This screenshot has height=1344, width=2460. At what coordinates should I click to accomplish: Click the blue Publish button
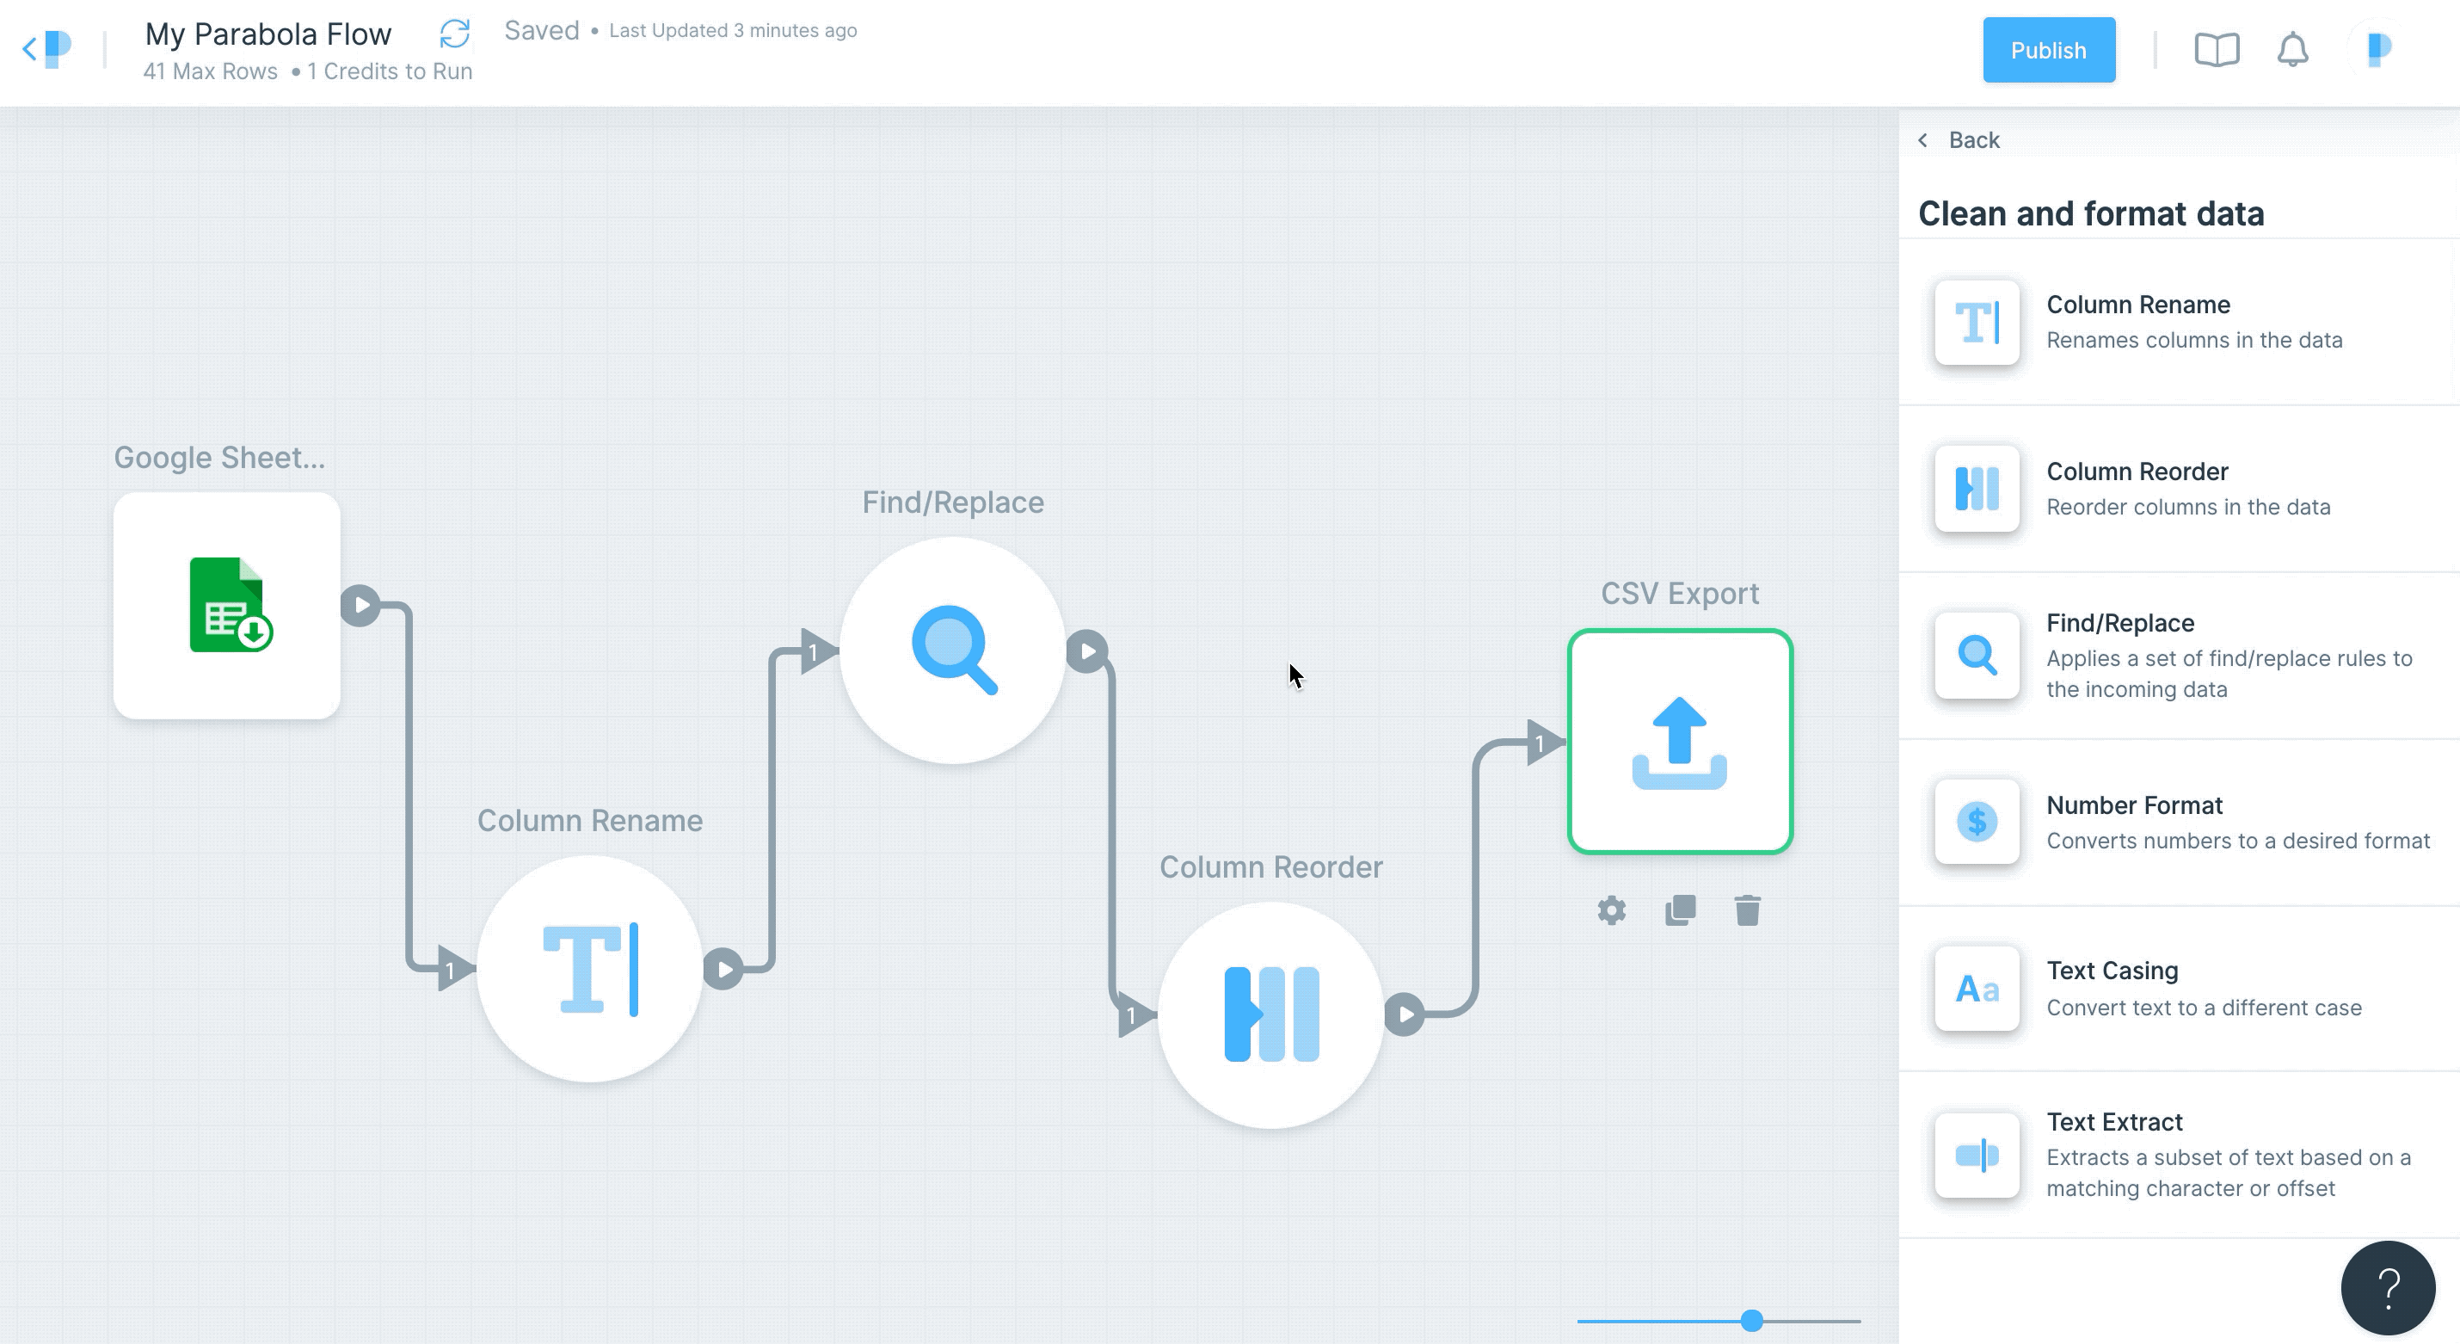2048,50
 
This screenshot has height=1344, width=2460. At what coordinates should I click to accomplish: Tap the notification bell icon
2292,50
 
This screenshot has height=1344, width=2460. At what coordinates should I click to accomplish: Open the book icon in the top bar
2217,50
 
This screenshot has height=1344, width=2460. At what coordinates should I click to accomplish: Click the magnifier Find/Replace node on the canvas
953,650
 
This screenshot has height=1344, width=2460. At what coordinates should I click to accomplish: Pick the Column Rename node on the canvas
590,969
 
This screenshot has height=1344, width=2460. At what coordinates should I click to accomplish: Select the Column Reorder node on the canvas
1271,1014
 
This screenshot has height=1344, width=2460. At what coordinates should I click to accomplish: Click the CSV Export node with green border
1680,741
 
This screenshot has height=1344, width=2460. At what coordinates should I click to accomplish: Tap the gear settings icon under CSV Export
1612,910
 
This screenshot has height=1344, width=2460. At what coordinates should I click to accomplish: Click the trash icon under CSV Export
1748,910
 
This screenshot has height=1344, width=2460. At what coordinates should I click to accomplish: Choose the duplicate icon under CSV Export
1681,910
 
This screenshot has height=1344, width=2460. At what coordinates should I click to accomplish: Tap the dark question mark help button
2388,1288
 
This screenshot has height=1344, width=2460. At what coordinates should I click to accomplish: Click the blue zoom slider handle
1751,1321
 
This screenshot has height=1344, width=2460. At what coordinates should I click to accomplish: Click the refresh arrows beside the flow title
454,34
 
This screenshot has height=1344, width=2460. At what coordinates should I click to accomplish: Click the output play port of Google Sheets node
361,606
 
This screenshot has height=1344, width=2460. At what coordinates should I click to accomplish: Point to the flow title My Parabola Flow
268,34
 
